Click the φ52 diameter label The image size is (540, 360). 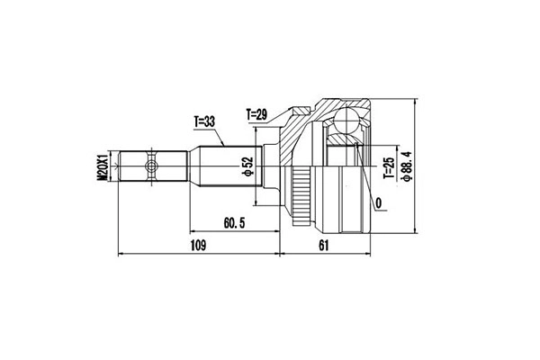click(x=245, y=166)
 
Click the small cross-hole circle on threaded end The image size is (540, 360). click(x=152, y=166)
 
